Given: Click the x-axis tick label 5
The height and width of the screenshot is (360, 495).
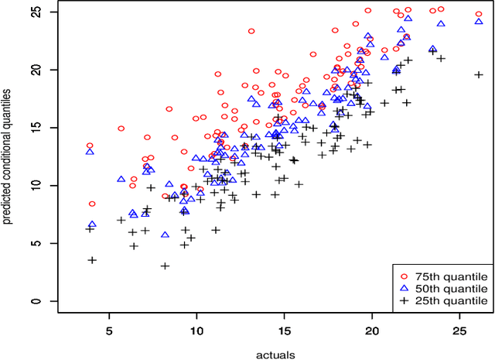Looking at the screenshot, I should coord(109,329).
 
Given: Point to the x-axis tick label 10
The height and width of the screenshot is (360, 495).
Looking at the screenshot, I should coord(196,329).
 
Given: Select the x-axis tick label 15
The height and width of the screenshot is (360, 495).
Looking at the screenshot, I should coord(285,329).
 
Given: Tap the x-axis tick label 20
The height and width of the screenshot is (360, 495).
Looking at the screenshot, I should coord(372,329).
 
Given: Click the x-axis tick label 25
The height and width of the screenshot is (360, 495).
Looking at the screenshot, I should coord(459,329).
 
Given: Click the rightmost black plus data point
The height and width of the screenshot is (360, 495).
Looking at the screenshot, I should coord(479,75).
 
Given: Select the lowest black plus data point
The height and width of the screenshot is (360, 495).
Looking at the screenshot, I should coord(165,266).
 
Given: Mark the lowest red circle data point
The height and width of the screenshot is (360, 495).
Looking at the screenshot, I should coord(93,204).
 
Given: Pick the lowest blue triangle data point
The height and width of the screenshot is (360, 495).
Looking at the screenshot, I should coord(165,234).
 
